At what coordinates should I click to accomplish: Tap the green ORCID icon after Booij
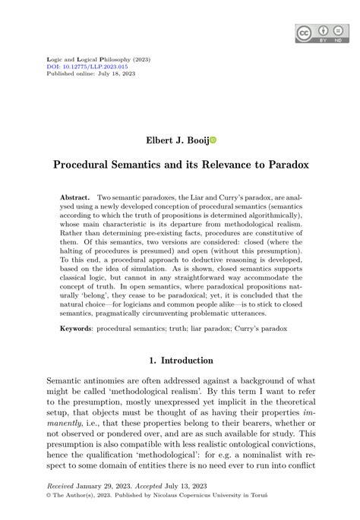pyautogui.click(x=213, y=140)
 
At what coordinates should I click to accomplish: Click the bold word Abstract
pyautogui.click(x=75, y=197)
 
